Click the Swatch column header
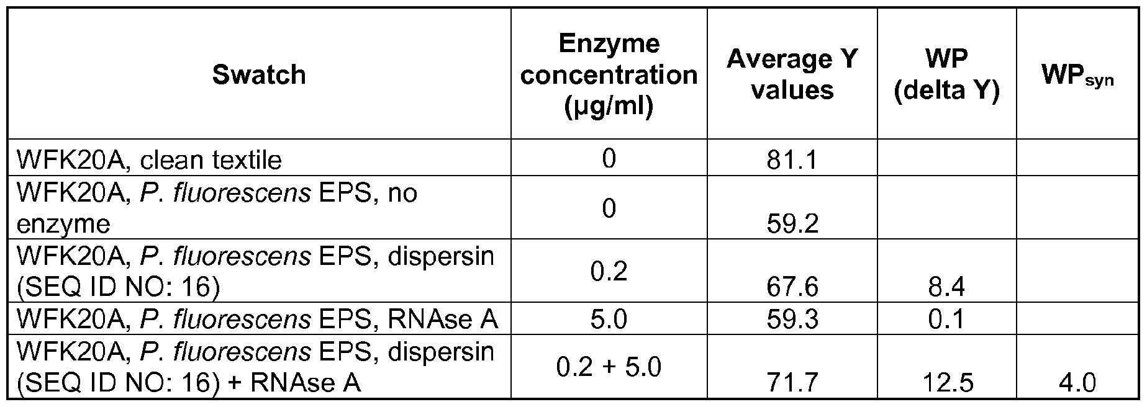259,75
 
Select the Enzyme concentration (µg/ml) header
609,75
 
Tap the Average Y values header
792,75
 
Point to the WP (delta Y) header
946,75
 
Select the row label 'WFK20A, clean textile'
149,161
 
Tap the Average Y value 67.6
792,287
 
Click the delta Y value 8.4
946,287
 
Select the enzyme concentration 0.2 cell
609,271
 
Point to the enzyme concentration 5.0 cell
609,320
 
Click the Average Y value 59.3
792,320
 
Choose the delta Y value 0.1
946,320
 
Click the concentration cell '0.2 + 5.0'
609,367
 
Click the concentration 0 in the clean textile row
609,159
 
